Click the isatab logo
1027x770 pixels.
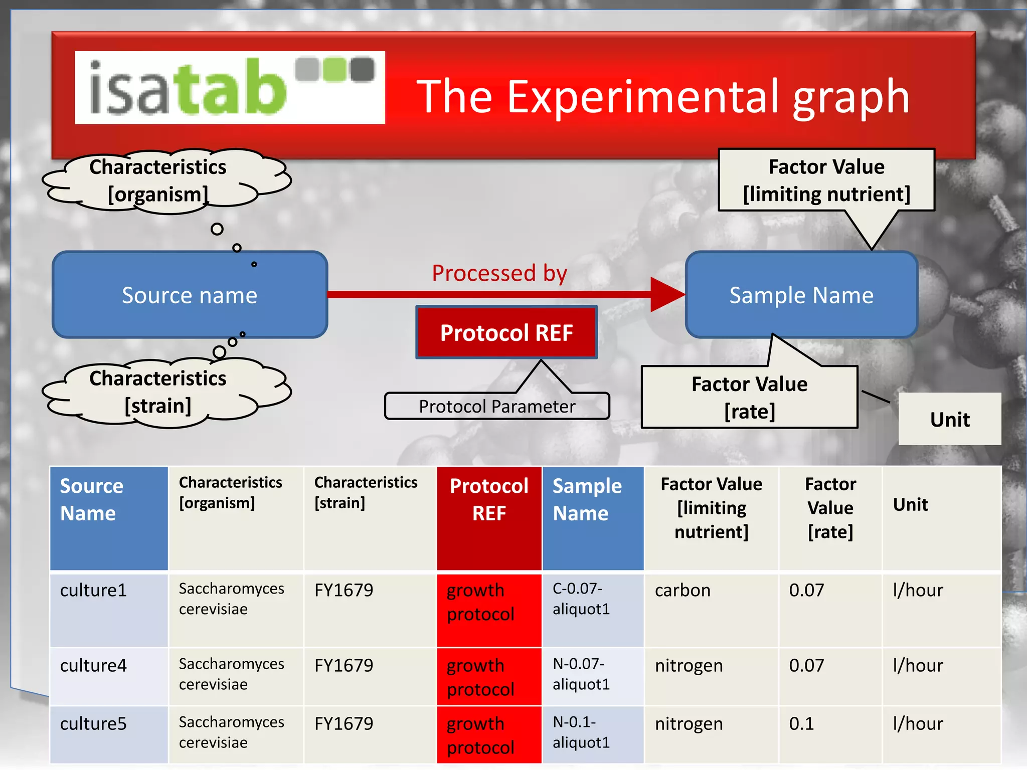pyautogui.click(x=230, y=88)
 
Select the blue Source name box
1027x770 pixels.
pyautogui.click(x=190, y=295)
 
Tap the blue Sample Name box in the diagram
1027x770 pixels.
pyautogui.click(x=801, y=295)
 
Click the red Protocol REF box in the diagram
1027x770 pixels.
pyautogui.click(x=506, y=332)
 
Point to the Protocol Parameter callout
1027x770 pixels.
pyautogui.click(x=496, y=406)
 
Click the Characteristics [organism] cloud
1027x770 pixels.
pyautogui.click(x=158, y=180)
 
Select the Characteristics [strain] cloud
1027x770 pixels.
pyautogui.click(x=158, y=392)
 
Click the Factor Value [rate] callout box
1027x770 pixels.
pyautogui.click(x=749, y=397)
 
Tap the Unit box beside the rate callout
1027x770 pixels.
pyautogui.click(x=949, y=419)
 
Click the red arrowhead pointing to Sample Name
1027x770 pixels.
pyautogui.click(x=667, y=295)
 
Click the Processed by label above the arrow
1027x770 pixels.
pyautogui.click(x=499, y=273)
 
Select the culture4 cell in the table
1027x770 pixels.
pyautogui.click(x=93, y=666)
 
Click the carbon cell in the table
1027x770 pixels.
pyautogui.click(x=682, y=591)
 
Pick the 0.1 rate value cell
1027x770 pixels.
pyautogui.click(x=801, y=724)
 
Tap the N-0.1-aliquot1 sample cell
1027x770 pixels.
pyautogui.click(x=581, y=732)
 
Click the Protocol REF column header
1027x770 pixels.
pyautogui.click(x=489, y=500)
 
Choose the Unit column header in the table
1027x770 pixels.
pyautogui.click(x=910, y=504)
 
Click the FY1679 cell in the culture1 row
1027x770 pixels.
pyautogui.click(x=344, y=591)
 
